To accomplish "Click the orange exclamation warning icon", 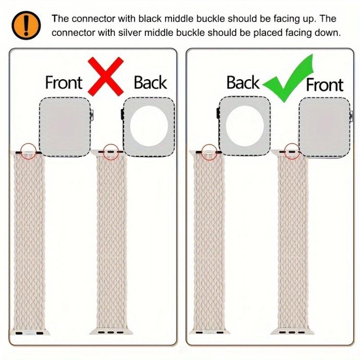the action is click(x=26, y=25).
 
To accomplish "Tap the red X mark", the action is click(x=106, y=76).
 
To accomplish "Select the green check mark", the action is click(x=288, y=78).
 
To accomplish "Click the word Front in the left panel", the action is click(x=63, y=83).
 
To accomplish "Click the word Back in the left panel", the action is click(x=150, y=83).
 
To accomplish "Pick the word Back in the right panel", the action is click(x=243, y=83).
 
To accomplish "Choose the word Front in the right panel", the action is click(x=324, y=84).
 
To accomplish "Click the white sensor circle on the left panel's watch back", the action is click(x=149, y=126).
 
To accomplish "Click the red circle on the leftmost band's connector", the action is click(x=28, y=152).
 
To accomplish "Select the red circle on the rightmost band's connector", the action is click(x=292, y=152).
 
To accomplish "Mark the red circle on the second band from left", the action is click(x=111, y=152).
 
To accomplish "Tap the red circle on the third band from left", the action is click(x=209, y=152).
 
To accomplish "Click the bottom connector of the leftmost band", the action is click(x=29, y=333).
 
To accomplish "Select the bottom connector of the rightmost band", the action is click(x=292, y=332).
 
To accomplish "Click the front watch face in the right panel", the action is click(x=324, y=128).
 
